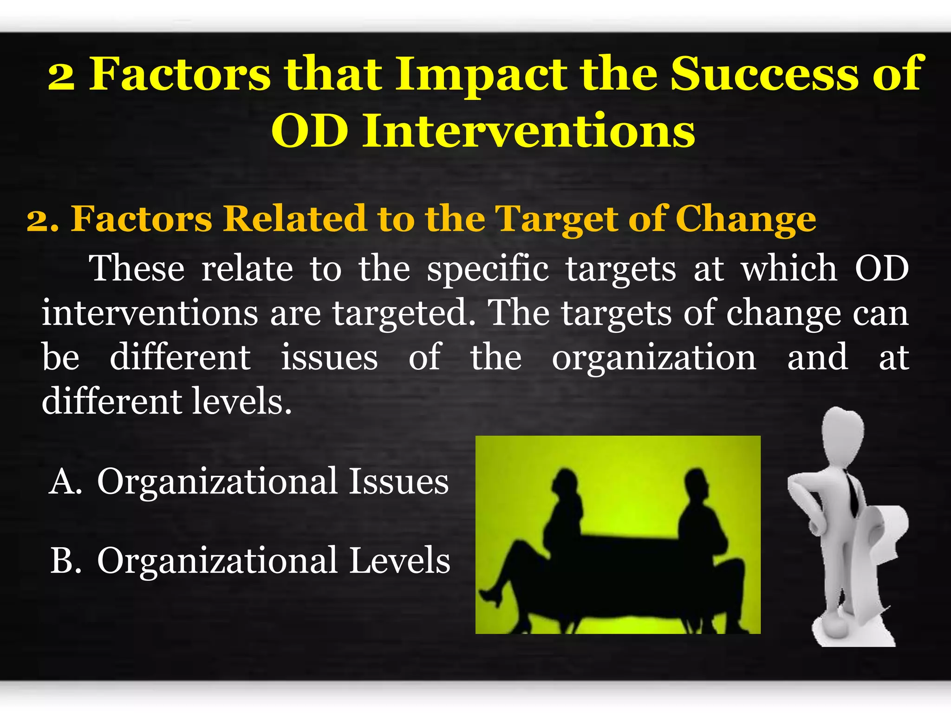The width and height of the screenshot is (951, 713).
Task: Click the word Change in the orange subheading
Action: pyautogui.click(x=745, y=219)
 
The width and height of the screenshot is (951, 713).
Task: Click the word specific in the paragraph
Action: pyautogui.click(x=488, y=269)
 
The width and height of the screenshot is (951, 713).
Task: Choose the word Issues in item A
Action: pyautogui.click(x=398, y=481)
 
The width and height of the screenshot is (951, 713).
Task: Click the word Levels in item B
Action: pyautogui.click(x=399, y=561)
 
